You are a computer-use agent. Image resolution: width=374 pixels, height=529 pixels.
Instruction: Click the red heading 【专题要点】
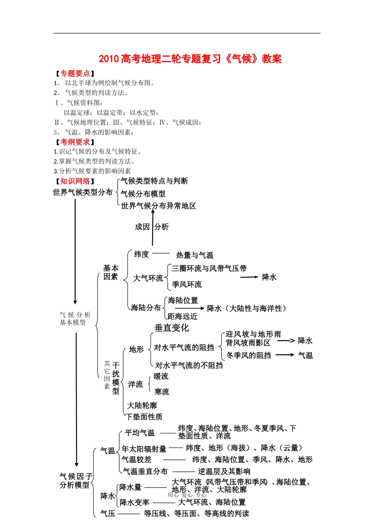point(75,74)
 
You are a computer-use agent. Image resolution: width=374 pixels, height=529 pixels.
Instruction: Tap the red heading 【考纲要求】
point(75,142)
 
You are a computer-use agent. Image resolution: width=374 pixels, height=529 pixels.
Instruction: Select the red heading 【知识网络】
point(75,181)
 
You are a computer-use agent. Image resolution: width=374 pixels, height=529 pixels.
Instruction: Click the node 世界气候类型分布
point(83,192)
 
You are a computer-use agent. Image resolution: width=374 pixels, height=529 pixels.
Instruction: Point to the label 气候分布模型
point(143,194)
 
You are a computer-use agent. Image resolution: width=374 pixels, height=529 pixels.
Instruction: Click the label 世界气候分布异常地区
point(158,206)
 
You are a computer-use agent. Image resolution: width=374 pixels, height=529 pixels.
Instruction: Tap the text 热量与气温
point(194,255)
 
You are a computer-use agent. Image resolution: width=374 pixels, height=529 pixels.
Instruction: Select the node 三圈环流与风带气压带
point(209,268)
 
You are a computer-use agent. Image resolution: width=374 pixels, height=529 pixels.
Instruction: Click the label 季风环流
point(187,284)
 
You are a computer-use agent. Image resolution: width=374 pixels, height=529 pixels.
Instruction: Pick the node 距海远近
point(182,316)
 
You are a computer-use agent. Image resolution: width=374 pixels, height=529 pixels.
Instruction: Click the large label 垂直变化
point(172,328)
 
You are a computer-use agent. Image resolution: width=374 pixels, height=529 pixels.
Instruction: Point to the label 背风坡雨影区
point(248,343)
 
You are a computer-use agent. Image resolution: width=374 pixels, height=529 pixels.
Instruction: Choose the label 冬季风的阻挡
point(248,355)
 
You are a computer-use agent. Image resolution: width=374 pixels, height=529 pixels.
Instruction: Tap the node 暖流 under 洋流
point(161,376)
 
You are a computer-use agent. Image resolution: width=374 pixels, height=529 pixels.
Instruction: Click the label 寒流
point(162,392)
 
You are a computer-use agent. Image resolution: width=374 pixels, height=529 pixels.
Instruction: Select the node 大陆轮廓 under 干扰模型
point(142,405)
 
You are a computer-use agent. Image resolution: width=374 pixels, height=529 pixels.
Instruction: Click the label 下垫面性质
point(144,416)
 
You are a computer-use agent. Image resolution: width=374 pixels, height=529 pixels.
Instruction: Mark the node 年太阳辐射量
point(144,449)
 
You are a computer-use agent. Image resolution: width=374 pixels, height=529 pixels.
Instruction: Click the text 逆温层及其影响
point(224,471)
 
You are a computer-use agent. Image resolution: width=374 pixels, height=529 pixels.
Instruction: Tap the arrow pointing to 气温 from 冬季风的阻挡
point(285,355)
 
